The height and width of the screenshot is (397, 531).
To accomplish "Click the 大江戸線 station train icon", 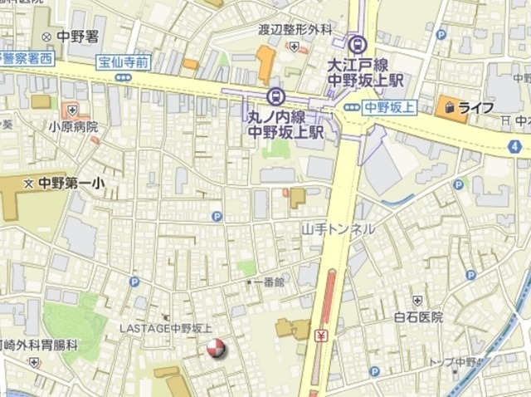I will pyautogui.click(x=357, y=44).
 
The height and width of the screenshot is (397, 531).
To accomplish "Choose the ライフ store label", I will pyautogui.click(x=476, y=107).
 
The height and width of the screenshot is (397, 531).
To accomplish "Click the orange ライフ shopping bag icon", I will pyautogui.click(x=449, y=107).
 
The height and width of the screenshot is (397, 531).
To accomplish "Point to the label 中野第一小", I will pyautogui.click(x=67, y=183).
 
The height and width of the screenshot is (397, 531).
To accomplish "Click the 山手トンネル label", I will pyautogui.click(x=339, y=228).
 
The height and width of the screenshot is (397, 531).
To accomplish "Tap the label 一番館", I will pyautogui.click(x=269, y=282).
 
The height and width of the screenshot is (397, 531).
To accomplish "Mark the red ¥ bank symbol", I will pyautogui.click(x=321, y=336).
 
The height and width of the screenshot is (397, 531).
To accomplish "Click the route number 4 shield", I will pyautogui.click(x=516, y=146).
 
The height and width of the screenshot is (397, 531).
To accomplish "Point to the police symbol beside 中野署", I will pyautogui.click(x=46, y=36).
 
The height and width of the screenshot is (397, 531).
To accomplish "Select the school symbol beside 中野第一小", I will pyautogui.click(x=29, y=183).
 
